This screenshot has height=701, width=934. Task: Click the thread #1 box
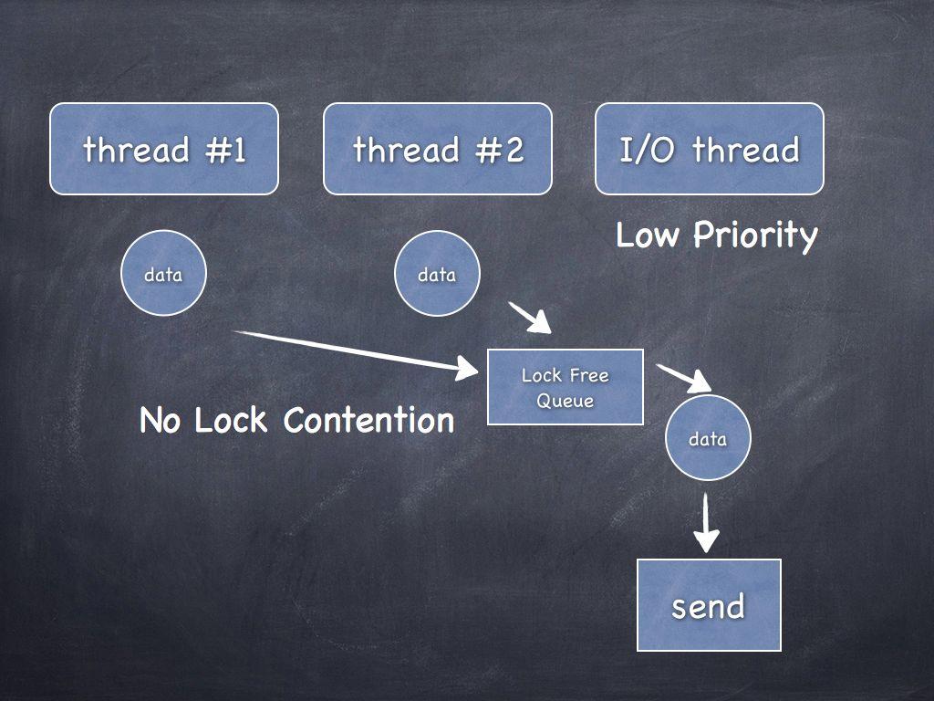(164, 149)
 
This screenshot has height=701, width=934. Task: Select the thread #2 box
(438, 149)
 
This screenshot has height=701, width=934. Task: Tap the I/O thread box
(710, 149)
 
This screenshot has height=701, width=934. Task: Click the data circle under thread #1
(164, 274)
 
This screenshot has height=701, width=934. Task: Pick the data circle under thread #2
(437, 274)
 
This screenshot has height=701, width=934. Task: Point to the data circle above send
(708, 438)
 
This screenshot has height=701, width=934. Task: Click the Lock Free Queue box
(566, 387)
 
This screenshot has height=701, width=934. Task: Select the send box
(709, 605)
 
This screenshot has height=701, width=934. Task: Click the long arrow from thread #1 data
(356, 351)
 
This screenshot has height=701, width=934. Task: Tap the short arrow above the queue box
(531, 318)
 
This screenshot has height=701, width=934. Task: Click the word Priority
(755, 235)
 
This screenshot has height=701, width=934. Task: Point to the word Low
(648, 235)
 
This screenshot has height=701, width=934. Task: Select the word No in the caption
(161, 421)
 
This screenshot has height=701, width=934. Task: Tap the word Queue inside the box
(565, 401)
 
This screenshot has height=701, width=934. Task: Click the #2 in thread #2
(502, 149)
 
